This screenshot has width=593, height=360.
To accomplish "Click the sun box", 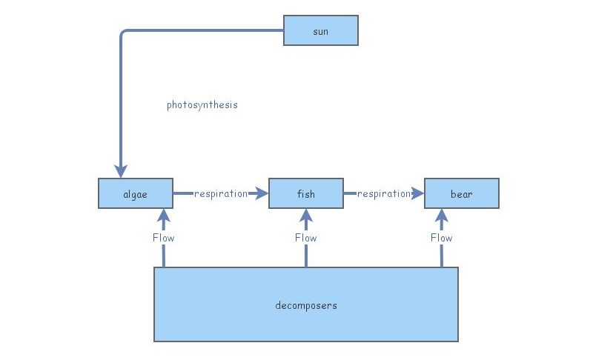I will click(321, 30).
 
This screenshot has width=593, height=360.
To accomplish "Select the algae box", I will click(136, 193).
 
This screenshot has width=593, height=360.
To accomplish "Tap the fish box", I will click(306, 193).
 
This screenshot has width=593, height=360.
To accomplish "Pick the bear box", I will click(462, 193).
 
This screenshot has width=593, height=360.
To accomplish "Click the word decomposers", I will click(306, 305).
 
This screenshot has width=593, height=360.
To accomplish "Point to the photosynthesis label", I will click(202, 105).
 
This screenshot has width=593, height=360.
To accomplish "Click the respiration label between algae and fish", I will click(220, 193).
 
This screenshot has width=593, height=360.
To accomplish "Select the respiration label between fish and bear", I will click(383, 193).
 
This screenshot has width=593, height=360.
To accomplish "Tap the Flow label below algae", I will click(164, 238).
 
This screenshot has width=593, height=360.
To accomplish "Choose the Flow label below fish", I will click(306, 238).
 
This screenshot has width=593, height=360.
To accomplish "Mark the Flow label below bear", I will click(442, 238).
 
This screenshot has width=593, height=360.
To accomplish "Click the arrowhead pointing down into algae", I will click(121, 171).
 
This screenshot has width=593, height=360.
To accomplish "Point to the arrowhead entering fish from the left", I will click(261, 193).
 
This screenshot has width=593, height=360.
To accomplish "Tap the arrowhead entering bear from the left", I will click(417, 193).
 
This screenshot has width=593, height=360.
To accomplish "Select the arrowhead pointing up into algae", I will click(164, 216).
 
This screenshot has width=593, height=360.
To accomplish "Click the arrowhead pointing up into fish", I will click(306, 216).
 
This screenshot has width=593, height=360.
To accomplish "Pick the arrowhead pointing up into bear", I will click(442, 216).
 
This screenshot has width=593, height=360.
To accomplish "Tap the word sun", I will click(321, 31).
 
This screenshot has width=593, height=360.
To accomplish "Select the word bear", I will click(462, 194).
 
